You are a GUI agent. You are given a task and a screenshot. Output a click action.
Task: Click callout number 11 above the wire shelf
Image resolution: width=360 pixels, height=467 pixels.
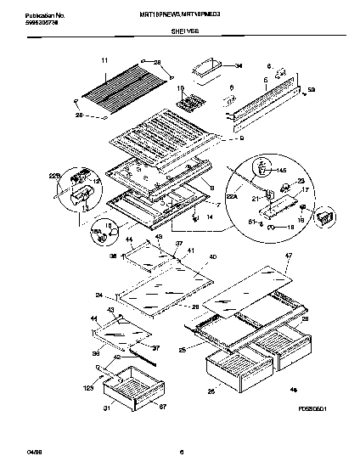(x=104, y=60)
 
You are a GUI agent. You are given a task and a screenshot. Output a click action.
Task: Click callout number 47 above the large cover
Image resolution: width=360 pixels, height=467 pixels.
(x=288, y=256)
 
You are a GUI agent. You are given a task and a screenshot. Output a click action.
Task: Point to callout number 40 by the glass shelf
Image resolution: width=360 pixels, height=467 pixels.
(x=211, y=256)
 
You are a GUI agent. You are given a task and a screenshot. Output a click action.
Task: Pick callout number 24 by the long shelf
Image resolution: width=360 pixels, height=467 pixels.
(x=98, y=295)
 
